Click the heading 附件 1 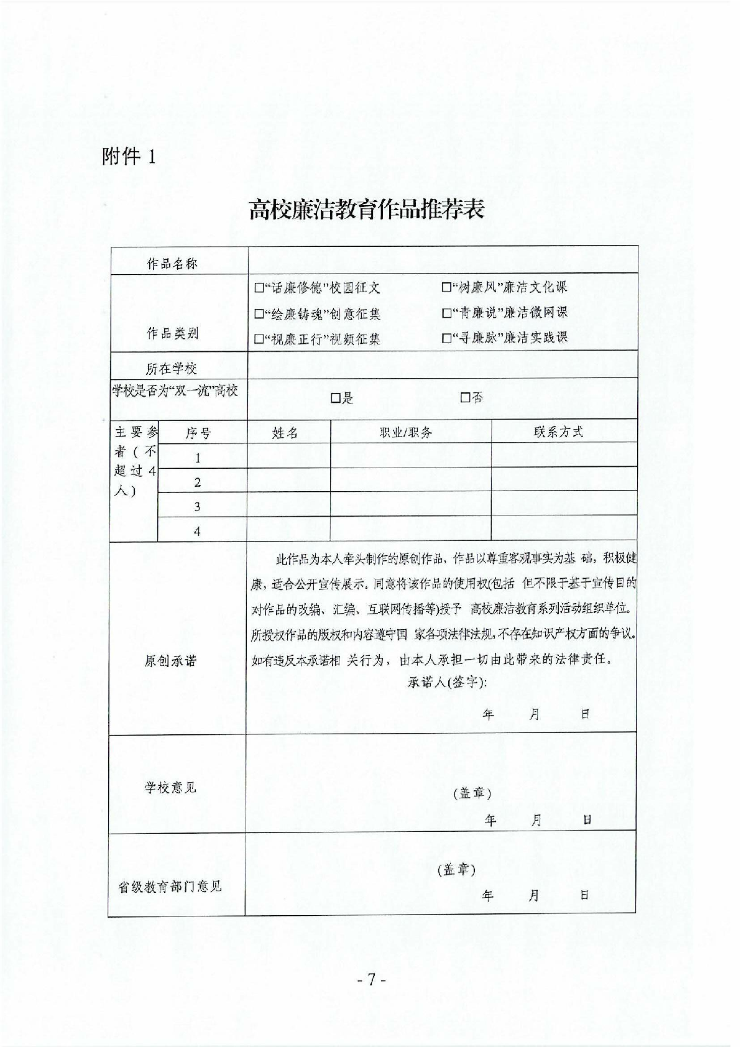pos(127,157)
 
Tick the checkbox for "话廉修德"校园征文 pos(259,288)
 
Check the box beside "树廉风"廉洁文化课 pos(446,287)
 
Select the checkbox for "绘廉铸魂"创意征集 pos(259,314)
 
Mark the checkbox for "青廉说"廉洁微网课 pos(446,313)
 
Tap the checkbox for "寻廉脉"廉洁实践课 pos(446,338)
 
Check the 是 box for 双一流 pos(336,398)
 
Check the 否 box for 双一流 pos(465,397)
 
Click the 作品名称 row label pos(172,264)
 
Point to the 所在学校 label pos(171,369)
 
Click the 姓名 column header pos(285,433)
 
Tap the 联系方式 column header pos(558,432)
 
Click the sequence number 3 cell pos(198,507)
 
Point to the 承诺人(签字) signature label pos(447,683)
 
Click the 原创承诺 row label pos(170,661)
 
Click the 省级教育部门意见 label pos(170,887)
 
